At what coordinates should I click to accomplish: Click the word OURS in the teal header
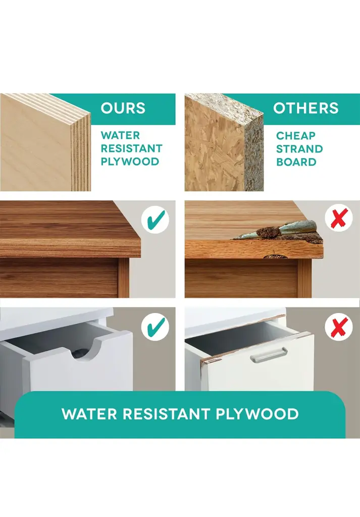tap(123, 108)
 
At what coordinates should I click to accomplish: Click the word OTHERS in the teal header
tap(305, 108)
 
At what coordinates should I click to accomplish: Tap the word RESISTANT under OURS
tap(132, 148)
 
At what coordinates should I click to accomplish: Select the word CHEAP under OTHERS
tap(296, 135)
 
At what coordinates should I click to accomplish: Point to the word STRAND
tap(299, 149)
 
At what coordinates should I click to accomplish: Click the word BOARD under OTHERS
tap(296, 162)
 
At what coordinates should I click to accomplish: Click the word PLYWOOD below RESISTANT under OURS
tap(130, 162)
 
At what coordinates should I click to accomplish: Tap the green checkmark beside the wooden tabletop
tap(156, 220)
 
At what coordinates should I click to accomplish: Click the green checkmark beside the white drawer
tap(156, 327)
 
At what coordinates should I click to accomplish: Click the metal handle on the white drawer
tap(268, 355)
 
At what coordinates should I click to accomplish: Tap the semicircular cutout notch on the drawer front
tap(86, 349)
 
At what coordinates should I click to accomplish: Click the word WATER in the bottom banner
tap(90, 414)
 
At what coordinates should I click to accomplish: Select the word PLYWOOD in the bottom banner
tap(257, 414)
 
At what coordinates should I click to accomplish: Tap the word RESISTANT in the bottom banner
tap(167, 414)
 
